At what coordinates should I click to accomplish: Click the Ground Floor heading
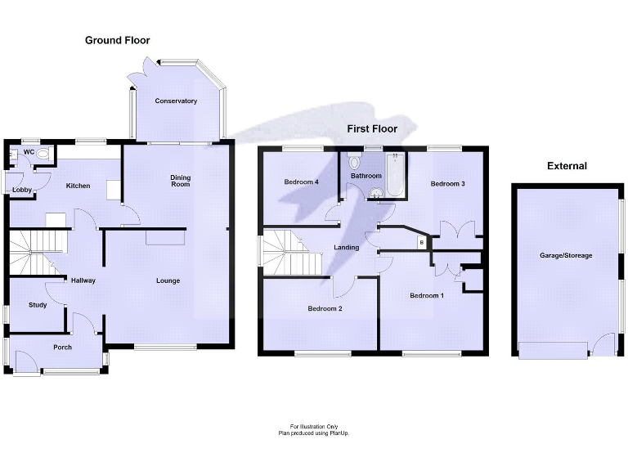(x=118, y=40)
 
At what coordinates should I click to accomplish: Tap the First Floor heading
(x=372, y=128)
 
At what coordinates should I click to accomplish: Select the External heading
(x=567, y=166)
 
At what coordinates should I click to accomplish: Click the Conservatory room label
(x=176, y=101)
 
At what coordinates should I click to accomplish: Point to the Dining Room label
(x=180, y=181)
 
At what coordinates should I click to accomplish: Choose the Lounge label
(x=168, y=281)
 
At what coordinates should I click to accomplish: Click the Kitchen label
(x=78, y=186)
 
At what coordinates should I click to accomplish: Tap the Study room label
(x=38, y=305)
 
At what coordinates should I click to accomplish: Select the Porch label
(x=62, y=347)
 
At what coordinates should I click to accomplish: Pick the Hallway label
(x=83, y=280)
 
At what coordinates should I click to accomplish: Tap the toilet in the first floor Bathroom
(x=354, y=161)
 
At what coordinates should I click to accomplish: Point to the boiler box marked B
(x=421, y=242)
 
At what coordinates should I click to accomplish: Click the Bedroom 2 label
(x=325, y=308)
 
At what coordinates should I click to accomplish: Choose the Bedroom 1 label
(x=426, y=295)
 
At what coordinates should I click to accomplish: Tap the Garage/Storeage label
(x=566, y=256)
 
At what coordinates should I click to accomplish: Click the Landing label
(x=347, y=248)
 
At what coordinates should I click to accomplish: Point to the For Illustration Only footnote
(x=313, y=427)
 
